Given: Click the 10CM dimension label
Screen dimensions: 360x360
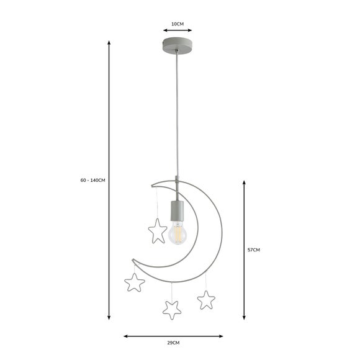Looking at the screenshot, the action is tap(178, 24).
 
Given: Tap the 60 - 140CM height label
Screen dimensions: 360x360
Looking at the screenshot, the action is tap(92, 180).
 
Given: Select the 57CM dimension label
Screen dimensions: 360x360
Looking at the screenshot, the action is tap(253, 250).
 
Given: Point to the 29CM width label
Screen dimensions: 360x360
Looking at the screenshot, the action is tap(173, 343).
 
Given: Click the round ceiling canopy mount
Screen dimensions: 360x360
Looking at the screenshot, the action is tap(177, 46).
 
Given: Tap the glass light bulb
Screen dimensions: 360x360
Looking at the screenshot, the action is tap(177, 233).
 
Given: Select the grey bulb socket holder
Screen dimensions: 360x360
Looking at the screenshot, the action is tap(176, 211).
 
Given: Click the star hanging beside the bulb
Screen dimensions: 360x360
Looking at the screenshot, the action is tap(158, 231).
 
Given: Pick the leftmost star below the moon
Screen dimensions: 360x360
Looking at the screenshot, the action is tap(135, 282).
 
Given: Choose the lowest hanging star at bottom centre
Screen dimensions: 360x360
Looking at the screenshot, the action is tap(172, 310).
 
